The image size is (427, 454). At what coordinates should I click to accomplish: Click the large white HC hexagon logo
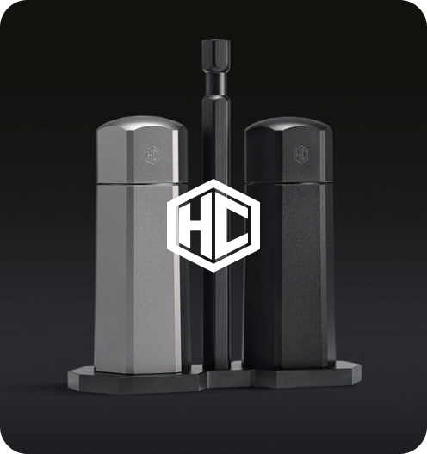pos(213,225)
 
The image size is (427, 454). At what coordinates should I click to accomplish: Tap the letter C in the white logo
pos(232,225)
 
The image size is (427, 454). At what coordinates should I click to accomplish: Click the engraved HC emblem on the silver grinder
pos(152,156)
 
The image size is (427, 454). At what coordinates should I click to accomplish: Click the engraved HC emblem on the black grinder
pos(300,155)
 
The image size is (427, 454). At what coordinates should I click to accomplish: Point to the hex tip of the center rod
pos(216,55)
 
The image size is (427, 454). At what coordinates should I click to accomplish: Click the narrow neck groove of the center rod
pos(216,77)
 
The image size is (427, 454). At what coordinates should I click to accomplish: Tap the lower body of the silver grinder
pos(139,278)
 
